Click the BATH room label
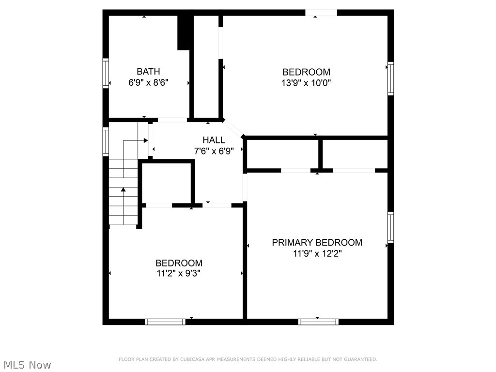click(x=148, y=72)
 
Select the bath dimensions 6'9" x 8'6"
click(x=148, y=83)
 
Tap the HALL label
click(x=214, y=140)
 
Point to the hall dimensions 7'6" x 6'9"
click(x=214, y=151)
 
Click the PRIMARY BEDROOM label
click(x=317, y=243)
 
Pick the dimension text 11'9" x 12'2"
click(x=317, y=254)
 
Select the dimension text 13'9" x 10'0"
click(x=306, y=83)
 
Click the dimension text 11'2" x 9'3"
click(x=178, y=274)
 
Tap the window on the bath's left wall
click(x=105, y=73)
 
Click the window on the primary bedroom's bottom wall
click(x=318, y=322)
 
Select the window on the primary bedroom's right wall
click(x=390, y=227)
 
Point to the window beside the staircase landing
click(x=105, y=141)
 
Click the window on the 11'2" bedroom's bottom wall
click(x=166, y=322)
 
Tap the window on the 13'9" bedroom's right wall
click(x=390, y=78)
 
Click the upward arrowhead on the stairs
click(x=124, y=189)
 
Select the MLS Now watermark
click(x=27, y=364)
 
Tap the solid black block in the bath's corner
click(x=184, y=32)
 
